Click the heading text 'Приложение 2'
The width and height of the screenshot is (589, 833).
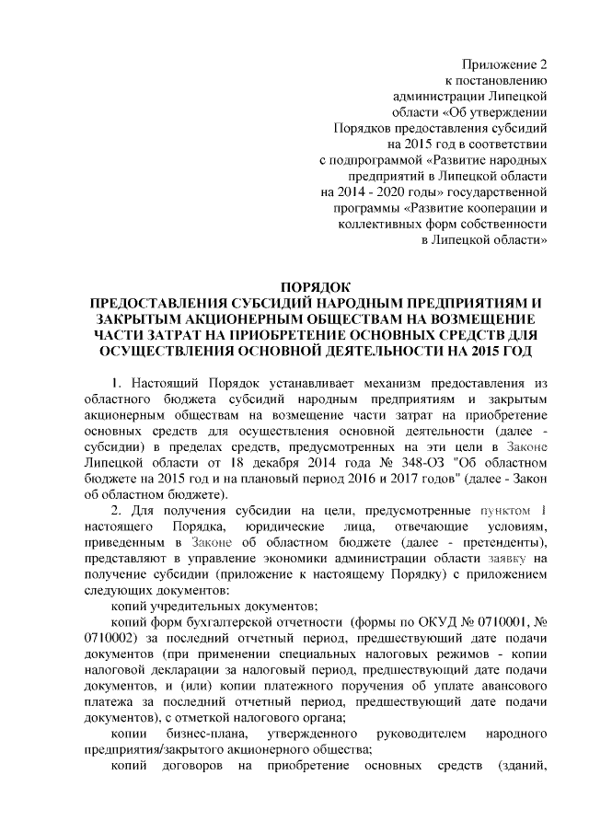tap(505, 64)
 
